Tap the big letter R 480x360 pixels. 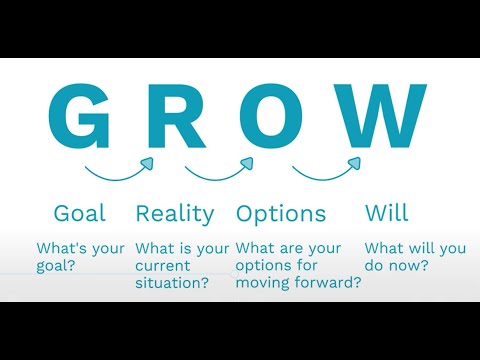pos(181,118)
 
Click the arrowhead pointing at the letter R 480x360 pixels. pos(148,162)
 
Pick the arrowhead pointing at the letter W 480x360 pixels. pos(354,162)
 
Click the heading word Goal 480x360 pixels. pos(80,213)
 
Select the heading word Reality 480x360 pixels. pos(175,214)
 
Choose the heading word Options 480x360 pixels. pos(281,214)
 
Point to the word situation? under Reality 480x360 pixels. pos(173,284)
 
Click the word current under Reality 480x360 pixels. pos(162,266)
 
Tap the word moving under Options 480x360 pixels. pos(264,284)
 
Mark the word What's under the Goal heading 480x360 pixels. pos(61,248)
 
